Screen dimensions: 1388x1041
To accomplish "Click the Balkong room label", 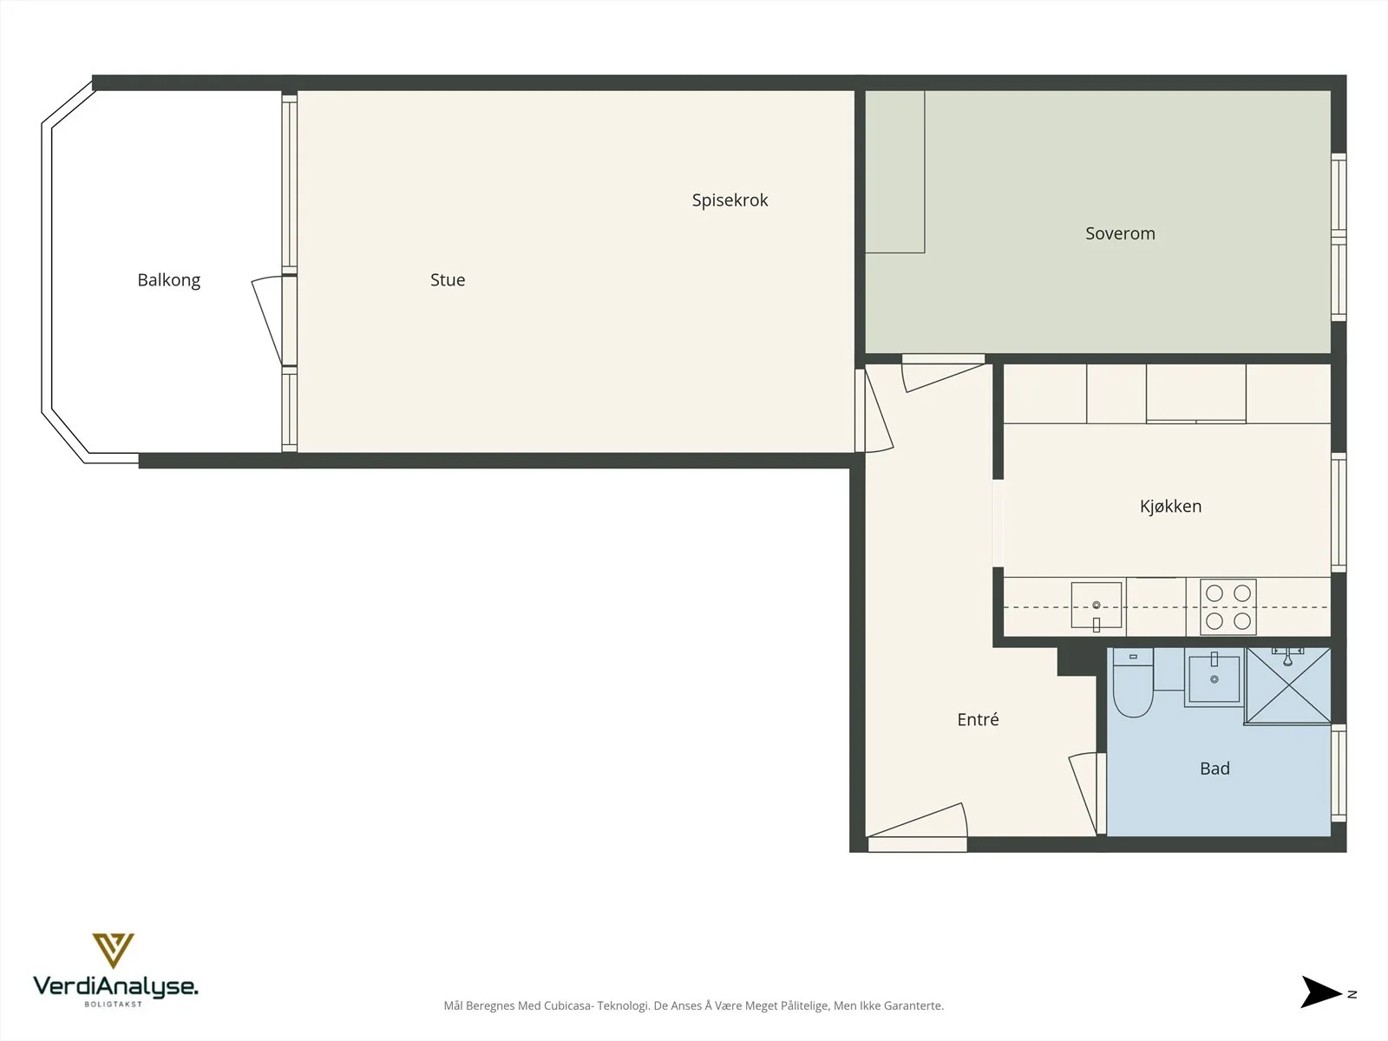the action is click(x=169, y=280).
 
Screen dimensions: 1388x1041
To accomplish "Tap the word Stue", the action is click(x=448, y=280).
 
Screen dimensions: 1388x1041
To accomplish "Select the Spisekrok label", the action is click(x=730, y=200).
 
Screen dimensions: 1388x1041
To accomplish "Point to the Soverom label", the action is click(x=1120, y=233).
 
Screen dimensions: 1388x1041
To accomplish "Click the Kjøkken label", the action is click(x=1170, y=507).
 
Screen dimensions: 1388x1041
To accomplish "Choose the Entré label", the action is click(x=978, y=719).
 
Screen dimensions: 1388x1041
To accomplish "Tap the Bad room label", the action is click(x=1214, y=769).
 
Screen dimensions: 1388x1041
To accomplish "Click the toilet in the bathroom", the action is click(x=1133, y=684).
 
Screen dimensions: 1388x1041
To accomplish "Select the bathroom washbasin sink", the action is click(x=1214, y=678).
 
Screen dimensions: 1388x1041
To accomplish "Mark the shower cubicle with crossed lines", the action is click(x=1288, y=685).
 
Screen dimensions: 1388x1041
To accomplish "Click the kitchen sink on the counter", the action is click(x=1097, y=606).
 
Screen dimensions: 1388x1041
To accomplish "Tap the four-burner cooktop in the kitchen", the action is click(x=1228, y=606).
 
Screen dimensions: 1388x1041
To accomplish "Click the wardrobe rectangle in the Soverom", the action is click(x=894, y=172).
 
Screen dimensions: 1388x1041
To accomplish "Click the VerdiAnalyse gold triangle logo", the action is click(x=113, y=950).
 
